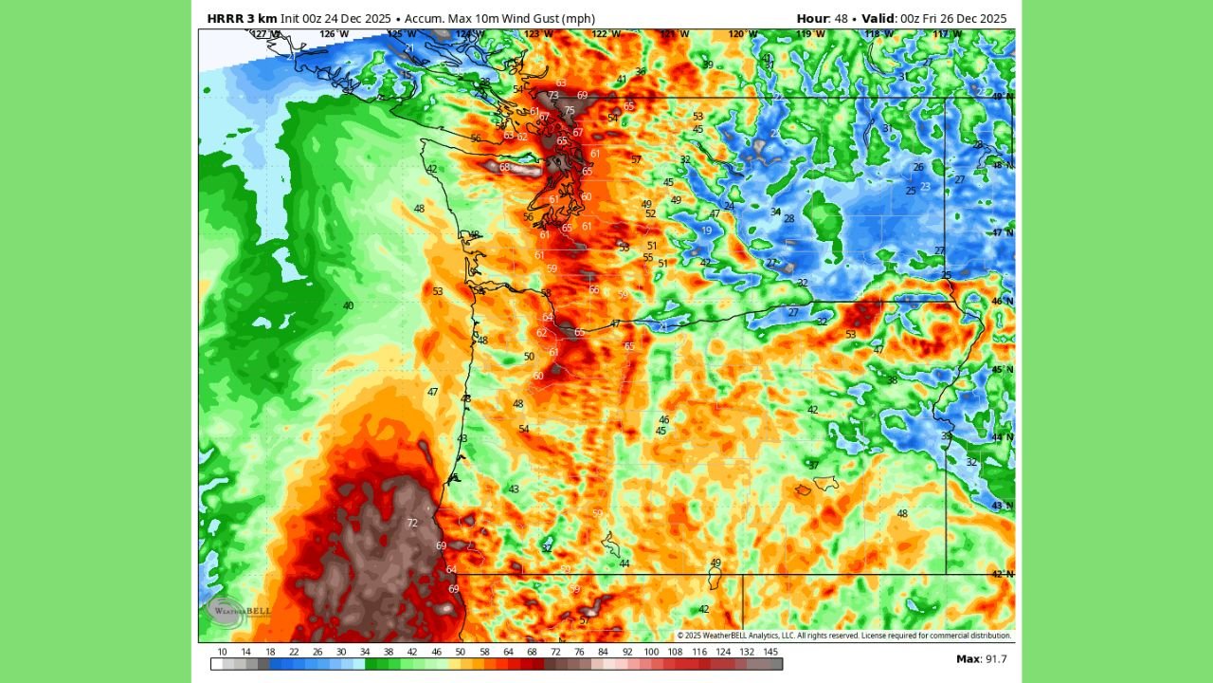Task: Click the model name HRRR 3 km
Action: [242, 19]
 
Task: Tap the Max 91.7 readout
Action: [981, 658]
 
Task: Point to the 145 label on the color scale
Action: [770, 652]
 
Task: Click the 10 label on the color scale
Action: [222, 652]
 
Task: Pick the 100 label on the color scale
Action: [651, 652]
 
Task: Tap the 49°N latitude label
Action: [1003, 97]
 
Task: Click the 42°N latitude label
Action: [1003, 574]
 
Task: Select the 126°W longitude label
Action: [334, 34]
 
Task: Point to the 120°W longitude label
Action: [742, 34]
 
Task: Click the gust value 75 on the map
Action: [570, 111]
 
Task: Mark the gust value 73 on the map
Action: [553, 96]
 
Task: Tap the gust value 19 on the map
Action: [707, 231]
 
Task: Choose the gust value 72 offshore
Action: [412, 523]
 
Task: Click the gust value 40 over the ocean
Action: [348, 305]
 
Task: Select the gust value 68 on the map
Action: [505, 168]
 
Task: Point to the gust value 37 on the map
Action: [813, 465]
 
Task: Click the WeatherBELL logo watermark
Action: [235, 612]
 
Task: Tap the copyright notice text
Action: [843, 636]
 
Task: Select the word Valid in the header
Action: [878, 19]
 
